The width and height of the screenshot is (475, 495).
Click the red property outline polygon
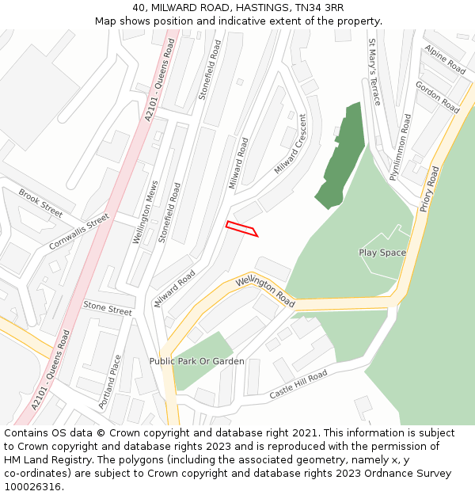pos(241,229)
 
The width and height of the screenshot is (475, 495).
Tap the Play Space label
pos(382,253)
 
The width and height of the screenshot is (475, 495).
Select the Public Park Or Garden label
pos(197,361)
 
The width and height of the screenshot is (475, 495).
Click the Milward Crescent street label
pos(291,144)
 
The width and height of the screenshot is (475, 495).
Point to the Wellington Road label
pos(265,292)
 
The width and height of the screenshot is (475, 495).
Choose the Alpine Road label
pos(445,59)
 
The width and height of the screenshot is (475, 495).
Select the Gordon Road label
pos(437,97)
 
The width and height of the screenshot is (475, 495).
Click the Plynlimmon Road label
pos(401,147)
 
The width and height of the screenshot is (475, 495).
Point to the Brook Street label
pos(40,203)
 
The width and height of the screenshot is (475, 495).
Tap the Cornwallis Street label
pos(78,231)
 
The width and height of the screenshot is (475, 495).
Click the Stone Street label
pos(108,308)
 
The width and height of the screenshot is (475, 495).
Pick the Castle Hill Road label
pos(298,385)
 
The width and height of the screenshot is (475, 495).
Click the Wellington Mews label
pos(146,211)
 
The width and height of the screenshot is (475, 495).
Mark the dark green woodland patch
pos(342,154)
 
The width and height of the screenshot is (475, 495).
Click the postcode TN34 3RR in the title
pos(315,7)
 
